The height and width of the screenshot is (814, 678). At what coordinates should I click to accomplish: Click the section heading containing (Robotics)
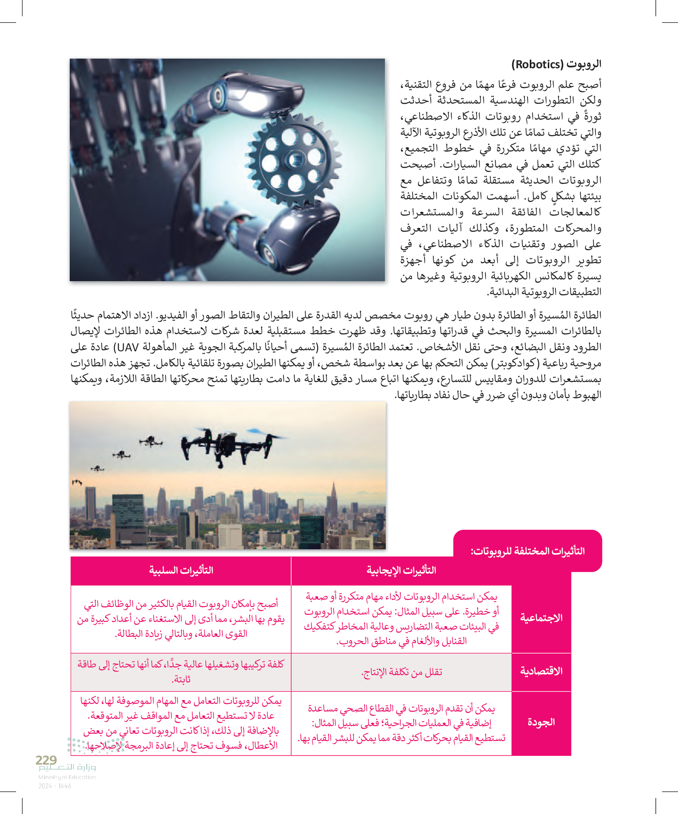[x=556, y=64]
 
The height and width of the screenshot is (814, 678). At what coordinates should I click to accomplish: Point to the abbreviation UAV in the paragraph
[x=128, y=347]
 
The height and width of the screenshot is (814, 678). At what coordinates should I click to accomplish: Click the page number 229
[x=46, y=760]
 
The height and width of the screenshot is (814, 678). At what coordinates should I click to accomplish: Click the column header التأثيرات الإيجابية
[x=401, y=570]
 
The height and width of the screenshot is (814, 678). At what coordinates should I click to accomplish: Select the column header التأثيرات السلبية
[x=181, y=570]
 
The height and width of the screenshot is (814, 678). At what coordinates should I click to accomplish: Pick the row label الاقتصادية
[x=541, y=672]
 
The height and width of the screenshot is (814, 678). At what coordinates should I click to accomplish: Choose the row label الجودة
[x=541, y=722]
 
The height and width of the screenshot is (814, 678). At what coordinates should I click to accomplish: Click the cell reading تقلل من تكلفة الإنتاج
[x=401, y=672]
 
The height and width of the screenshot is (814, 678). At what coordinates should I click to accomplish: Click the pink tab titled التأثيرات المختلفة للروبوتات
[x=527, y=551]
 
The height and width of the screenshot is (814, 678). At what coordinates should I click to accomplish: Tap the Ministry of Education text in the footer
[x=67, y=777]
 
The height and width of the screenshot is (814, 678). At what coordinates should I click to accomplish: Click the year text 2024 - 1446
[x=55, y=786]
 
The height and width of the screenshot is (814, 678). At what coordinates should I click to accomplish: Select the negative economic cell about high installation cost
[x=181, y=672]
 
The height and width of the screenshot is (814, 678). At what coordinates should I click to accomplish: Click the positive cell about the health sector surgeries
[x=401, y=723]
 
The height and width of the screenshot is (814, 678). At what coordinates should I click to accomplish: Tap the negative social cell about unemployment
[x=181, y=619]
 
